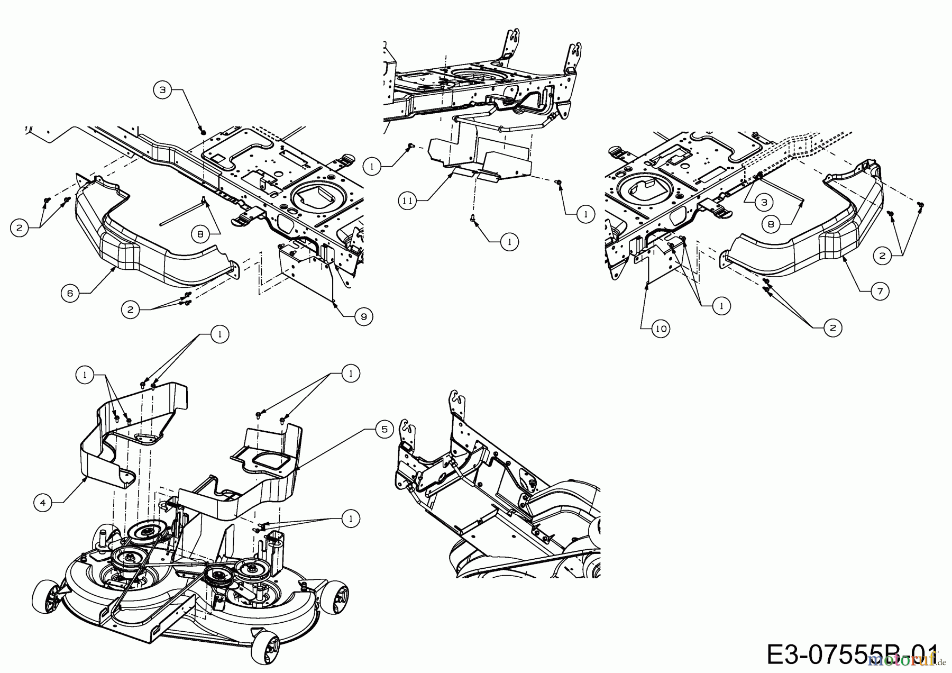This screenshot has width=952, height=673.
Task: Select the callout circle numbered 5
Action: click(x=384, y=430)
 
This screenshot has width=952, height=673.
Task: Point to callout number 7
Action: click(x=880, y=290)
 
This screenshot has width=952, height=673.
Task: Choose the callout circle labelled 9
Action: click(x=364, y=316)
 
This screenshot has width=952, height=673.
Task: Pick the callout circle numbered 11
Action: click(x=408, y=201)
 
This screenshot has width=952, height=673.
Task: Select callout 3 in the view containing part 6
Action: click(x=162, y=90)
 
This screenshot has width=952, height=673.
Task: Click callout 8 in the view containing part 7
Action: click(x=771, y=224)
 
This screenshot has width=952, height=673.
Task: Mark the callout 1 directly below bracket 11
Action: click(x=509, y=242)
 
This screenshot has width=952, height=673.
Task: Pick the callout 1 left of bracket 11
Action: click(x=372, y=166)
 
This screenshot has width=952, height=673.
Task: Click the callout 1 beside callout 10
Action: click(x=721, y=305)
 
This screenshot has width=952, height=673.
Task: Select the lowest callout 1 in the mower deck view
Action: click(x=350, y=518)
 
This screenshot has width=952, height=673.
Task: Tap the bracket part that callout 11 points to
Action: click(x=479, y=159)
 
